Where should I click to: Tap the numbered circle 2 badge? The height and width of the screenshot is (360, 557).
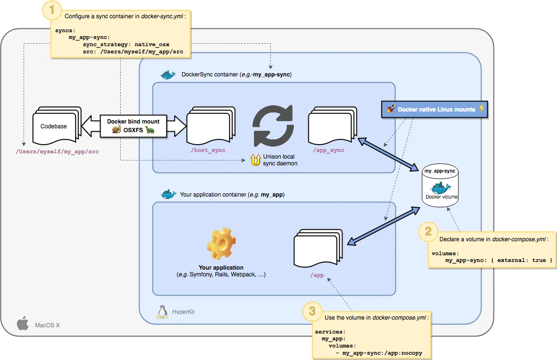428,232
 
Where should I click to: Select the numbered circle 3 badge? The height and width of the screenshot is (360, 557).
312,311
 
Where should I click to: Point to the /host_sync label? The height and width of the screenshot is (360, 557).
208,150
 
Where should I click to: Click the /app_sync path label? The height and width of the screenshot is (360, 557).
329,150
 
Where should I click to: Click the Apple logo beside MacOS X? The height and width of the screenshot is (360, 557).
23,324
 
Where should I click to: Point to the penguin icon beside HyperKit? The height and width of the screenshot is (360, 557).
162,311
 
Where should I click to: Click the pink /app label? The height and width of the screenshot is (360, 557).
317,276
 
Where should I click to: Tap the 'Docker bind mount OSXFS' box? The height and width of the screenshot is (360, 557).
134,126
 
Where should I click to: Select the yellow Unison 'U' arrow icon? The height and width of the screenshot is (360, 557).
255,160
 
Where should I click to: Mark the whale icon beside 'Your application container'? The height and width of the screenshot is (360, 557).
168,194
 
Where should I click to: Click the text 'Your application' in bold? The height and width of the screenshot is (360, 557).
221,268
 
